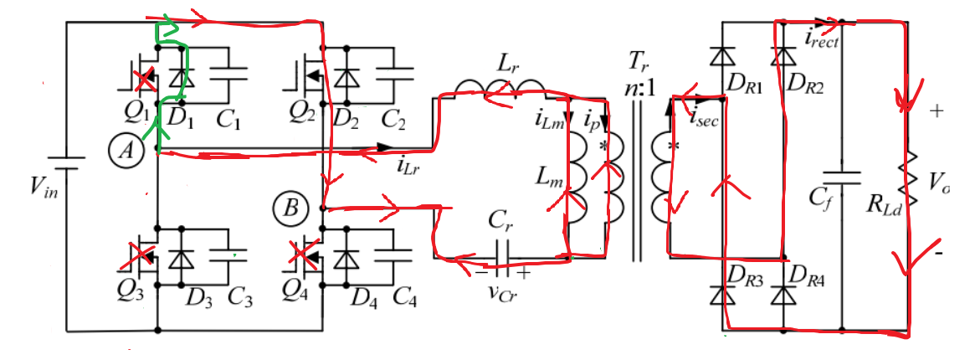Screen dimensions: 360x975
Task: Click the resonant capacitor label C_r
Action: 500,222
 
